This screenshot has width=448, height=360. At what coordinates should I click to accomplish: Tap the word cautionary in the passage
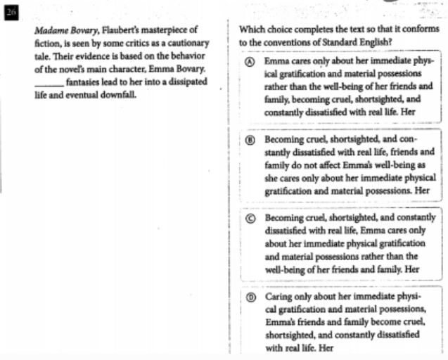pos(179,44)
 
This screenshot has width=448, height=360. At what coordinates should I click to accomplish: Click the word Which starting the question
pos(252,30)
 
